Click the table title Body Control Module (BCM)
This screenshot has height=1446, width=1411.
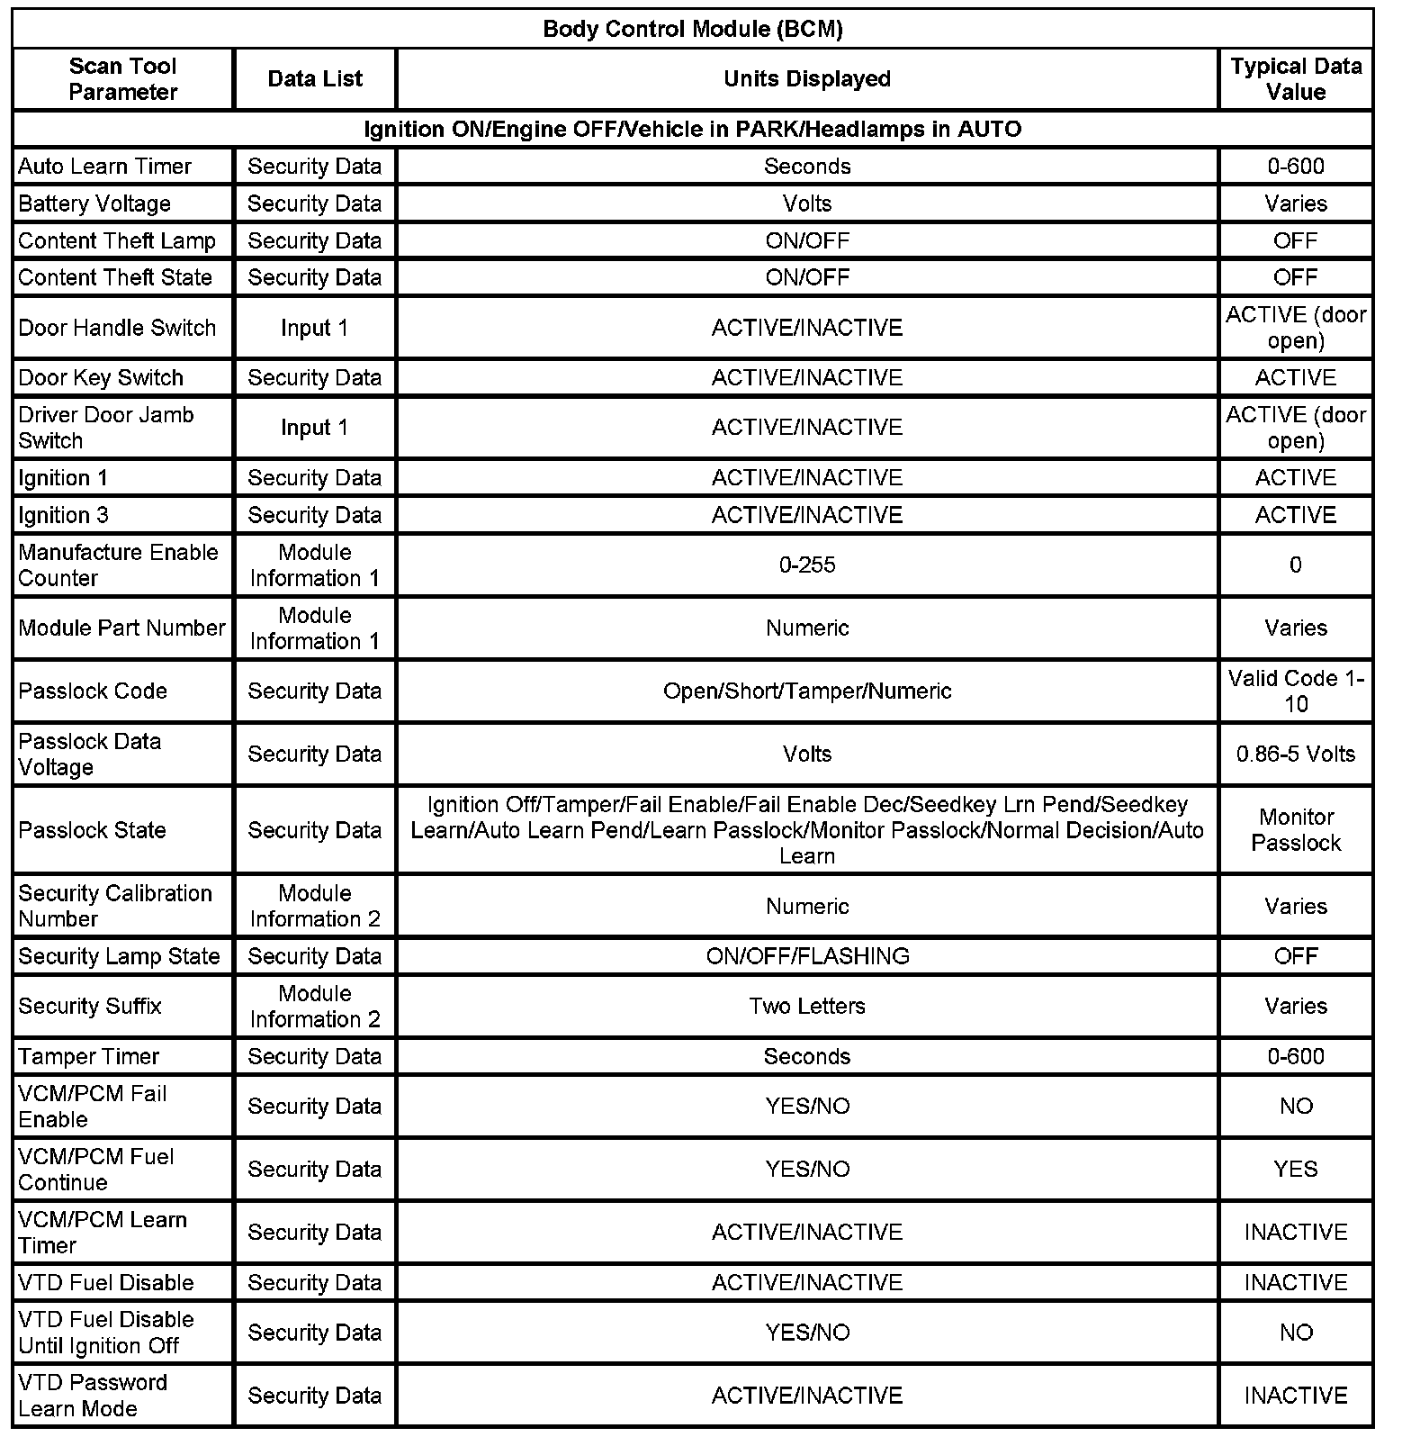click(x=693, y=29)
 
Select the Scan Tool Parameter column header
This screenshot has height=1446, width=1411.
click(x=122, y=79)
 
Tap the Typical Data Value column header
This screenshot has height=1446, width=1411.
click(x=1296, y=79)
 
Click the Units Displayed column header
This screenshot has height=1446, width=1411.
click(x=807, y=79)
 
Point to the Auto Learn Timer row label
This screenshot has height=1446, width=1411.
click(x=104, y=167)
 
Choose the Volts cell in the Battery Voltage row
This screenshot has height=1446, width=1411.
click(x=807, y=203)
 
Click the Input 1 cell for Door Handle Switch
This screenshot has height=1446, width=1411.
click(x=314, y=328)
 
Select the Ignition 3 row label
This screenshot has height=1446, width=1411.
click(x=63, y=515)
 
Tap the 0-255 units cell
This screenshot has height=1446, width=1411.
click(x=807, y=565)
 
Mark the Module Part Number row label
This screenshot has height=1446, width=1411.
click(x=121, y=628)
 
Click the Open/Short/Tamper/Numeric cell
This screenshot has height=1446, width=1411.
click(x=807, y=691)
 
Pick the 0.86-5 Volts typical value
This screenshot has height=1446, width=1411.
click(x=1296, y=754)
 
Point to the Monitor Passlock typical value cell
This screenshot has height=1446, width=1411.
click(x=1296, y=829)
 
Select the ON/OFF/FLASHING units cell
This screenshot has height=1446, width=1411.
click(x=807, y=956)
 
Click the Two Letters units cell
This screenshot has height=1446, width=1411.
click(x=807, y=1006)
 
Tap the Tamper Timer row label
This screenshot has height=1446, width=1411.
click(x=88, y=1056)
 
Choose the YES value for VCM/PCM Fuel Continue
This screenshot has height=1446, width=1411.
click(x=1296, y=1169)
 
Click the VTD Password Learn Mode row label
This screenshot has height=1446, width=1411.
click(x=93, y=1396)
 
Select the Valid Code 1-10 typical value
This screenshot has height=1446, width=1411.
click(x=1296, y=691)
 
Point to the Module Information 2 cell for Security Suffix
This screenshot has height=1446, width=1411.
click(x=314, y=1006)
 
